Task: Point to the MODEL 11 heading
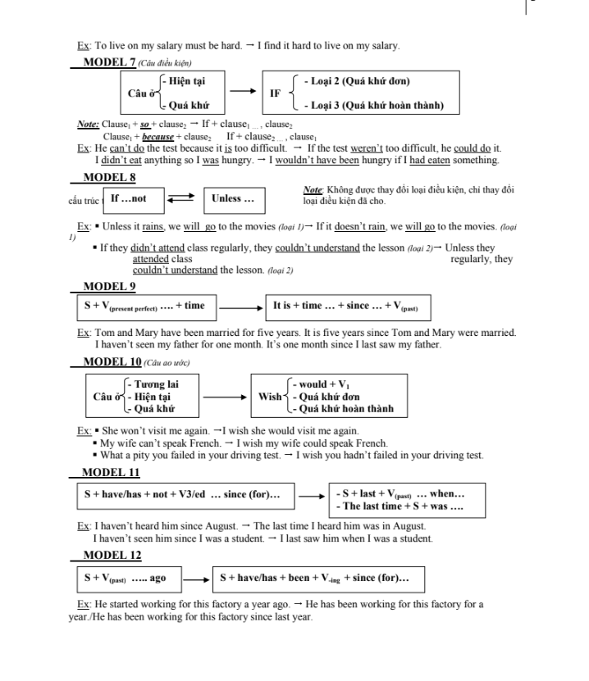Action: click(104, 473)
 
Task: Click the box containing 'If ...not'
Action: click(129, 198)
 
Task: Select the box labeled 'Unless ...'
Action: click(233, 198)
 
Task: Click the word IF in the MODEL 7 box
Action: click(276, 93)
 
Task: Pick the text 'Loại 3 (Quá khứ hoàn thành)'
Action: click(373, 105)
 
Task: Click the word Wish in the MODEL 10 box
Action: click(270, 397)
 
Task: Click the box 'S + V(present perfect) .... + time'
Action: click(144, 306)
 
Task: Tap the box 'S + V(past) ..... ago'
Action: click(126, 579)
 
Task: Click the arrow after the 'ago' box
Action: click(195, 579)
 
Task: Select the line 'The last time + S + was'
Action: click(400, 506)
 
